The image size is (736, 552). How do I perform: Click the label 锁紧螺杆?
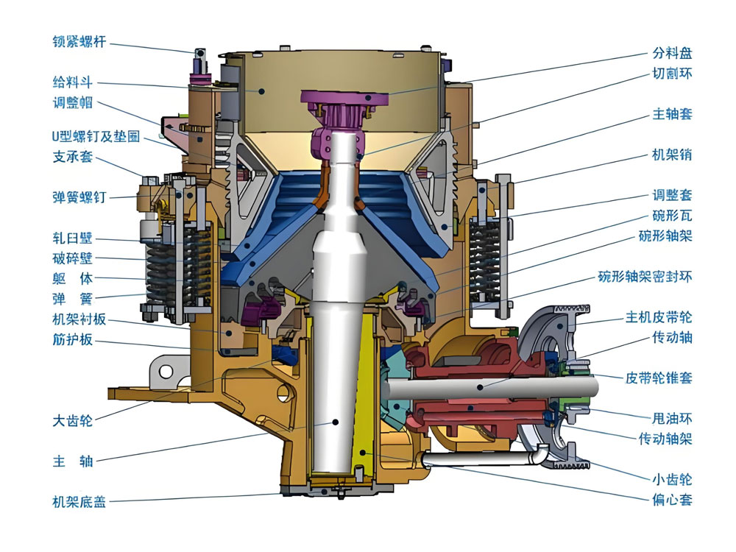click(x=79, y=42)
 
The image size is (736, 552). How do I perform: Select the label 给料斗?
click(x=72, y=82)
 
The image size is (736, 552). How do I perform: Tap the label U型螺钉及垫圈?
click(x=96, y=137)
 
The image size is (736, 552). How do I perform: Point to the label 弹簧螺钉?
click(x=79, y=197)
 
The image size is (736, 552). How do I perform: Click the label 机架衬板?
click(x=79, y=319)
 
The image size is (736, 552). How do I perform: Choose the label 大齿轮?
click(x=72, y=420)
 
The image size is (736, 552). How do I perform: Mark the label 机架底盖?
click(x=79, y=502)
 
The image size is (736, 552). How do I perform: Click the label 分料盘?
click(x=672, y=52)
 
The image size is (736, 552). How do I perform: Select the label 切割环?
click(x=672, y=73)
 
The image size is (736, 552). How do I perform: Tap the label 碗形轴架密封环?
click(x=645, y=277)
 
